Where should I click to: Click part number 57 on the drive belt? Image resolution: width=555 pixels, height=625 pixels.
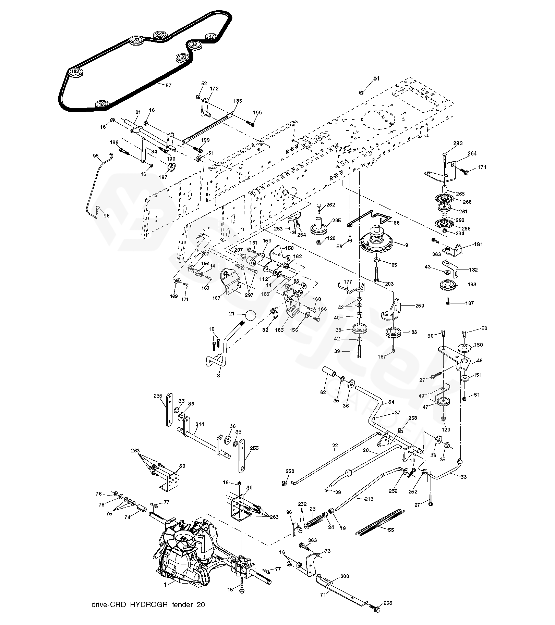click(x=168, y=86)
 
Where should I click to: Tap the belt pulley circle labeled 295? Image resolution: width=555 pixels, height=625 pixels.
click(x=160, y=35)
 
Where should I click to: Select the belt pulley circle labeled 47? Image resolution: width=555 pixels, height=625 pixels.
click(x=212, y=37)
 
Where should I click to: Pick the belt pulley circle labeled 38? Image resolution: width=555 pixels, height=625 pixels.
click(x=194, y=45)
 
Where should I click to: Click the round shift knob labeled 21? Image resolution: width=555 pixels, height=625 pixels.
click(x=251, y=316)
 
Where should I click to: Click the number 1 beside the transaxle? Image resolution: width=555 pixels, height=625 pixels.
click(x=165, y=585)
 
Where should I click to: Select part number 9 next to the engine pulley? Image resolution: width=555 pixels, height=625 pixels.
click(x=406, y=245)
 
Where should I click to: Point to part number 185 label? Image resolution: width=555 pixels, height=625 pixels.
click(x=237, y=101)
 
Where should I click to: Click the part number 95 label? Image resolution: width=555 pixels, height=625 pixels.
click(x=96, y=156)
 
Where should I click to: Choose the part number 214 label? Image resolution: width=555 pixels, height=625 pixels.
click(x=200, y=424)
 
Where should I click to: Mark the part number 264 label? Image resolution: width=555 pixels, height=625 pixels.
click(x=472, y=153)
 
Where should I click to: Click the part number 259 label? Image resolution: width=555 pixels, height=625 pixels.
click(x=419, y=306)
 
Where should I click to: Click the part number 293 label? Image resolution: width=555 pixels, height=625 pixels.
click(x=458, y=143)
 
